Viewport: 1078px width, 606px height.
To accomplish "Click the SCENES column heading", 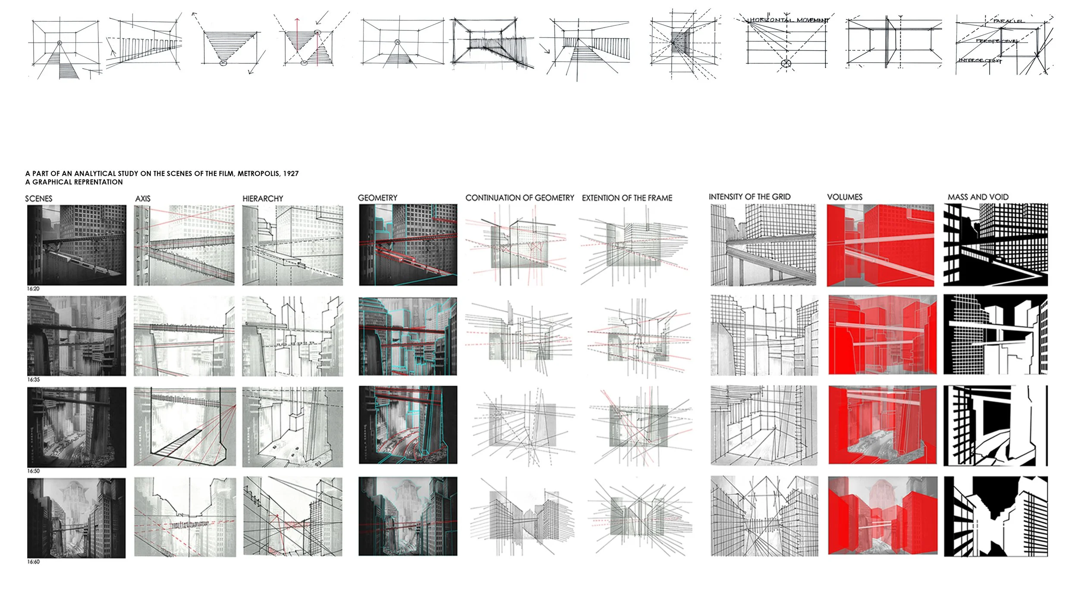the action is click(x=38, y=199).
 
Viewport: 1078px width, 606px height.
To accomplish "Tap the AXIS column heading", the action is click(x=143, y=199).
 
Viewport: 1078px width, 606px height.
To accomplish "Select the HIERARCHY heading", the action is click(x=263, y=199).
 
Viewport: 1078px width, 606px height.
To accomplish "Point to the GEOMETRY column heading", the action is click(x=377, y=198).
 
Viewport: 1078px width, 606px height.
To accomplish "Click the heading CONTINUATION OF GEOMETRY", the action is click(x=520, y=198).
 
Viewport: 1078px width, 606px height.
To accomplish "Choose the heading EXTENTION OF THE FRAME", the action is click(x=627, y=198).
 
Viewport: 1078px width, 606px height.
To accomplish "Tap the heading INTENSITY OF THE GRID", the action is click(x=749, y=197).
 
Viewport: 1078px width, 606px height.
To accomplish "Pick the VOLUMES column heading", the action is click(x=844, y=197).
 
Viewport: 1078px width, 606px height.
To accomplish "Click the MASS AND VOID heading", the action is click(x=978, y=197).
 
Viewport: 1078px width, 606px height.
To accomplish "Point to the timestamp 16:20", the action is click(x=33, y=289).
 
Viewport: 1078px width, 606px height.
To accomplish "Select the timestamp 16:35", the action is click(x=33, y=380).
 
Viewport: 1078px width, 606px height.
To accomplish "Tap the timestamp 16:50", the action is click(x=33, y=471).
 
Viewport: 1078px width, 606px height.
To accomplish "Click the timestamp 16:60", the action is click(x=33, y=562).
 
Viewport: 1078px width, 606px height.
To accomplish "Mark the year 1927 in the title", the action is click(x=291, y=174).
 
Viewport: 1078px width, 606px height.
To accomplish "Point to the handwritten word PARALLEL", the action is click(x=1008, y=21).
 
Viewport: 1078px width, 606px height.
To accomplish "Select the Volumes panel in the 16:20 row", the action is click(x=880, y=245).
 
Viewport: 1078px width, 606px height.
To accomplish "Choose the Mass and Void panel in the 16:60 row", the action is click(x=996, y=516).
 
